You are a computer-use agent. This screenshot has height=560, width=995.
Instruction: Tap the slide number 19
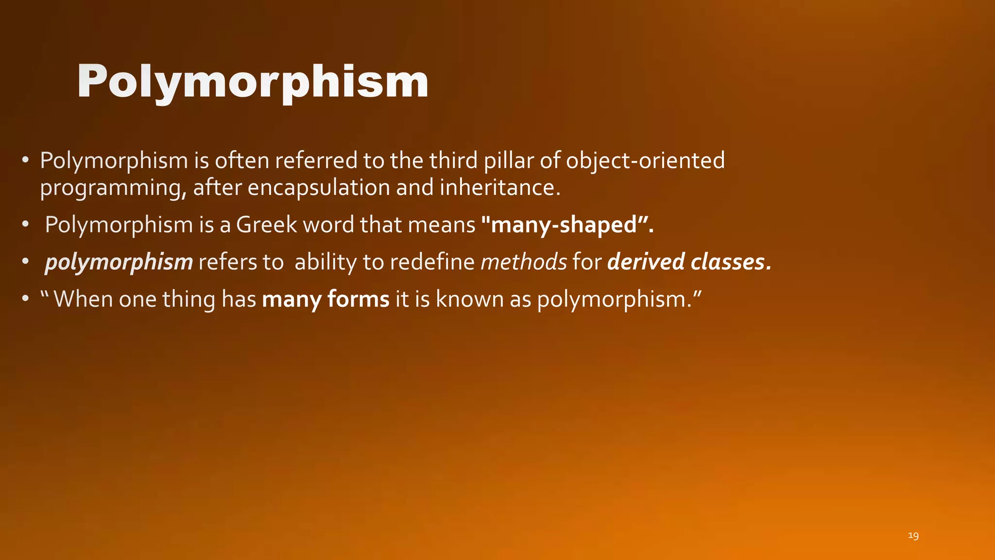pyautogui.click(x=913, y=536)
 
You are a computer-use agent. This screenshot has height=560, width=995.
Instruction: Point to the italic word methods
pyautogui.click(x=524, y=262)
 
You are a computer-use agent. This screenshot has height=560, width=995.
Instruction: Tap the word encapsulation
pyautogui.click(x=319, y=188)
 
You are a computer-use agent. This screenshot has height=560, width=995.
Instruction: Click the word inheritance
pyautogui.click(x=500, y=188)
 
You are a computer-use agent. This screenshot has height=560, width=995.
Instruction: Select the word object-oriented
pyautogui.click(x=645, y=160)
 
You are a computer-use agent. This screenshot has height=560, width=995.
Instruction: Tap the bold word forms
pyautogui.click(x=359, y=299)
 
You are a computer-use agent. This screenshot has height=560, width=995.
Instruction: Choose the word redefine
pyautogui.click(x=432, y=262)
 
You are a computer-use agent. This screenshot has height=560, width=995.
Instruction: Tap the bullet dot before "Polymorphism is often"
pyautogui.click(x=25, y=160)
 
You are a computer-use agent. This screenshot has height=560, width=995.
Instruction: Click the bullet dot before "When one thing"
pyautogui.click(x=25, y=299)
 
